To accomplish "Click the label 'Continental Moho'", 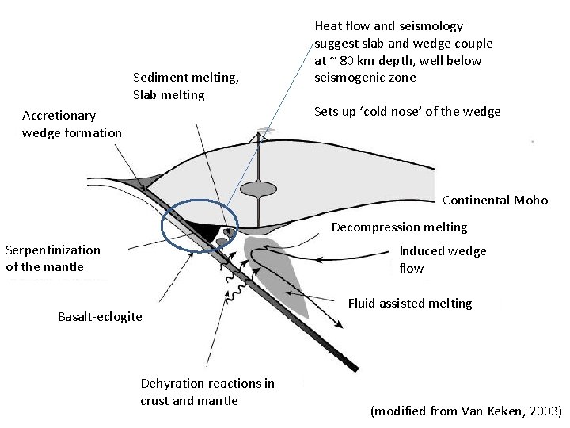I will [x=495, y=200].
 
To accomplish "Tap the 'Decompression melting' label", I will [x=399, y=227].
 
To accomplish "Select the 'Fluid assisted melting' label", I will [x=410, y=303].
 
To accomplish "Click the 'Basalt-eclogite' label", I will [x=100, y=317].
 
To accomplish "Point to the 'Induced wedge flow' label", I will [x=443, y=259].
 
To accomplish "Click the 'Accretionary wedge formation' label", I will [x=71, y=124].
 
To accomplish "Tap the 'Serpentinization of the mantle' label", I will [x=53, y=258].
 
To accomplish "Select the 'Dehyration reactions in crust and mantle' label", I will [x=207, y=392].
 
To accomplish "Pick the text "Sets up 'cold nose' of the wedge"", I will [x=407, y=111].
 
